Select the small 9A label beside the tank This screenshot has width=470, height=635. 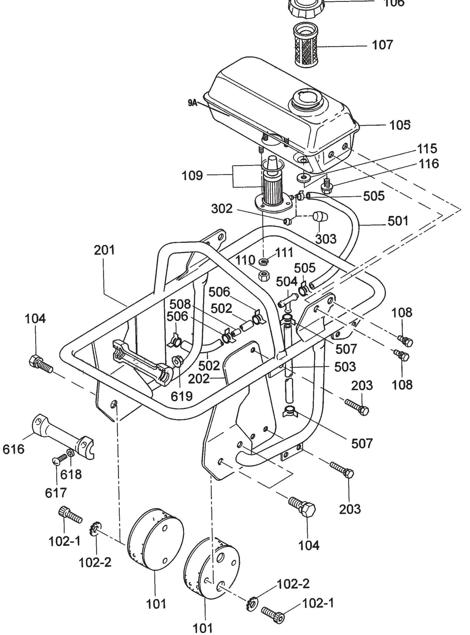click(x=193, y=103)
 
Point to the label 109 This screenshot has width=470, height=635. click(x=192, y=176)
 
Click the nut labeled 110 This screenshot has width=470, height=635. click(x=262, y=276)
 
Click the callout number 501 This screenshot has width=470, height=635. click(x=397, y=221)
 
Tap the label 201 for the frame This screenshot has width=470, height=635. click(x=104, y=250)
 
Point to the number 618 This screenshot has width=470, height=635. click(x=71, y=474)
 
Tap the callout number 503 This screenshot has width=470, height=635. click(x=345, y=367)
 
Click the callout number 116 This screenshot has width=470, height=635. click(x=429, y=163)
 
